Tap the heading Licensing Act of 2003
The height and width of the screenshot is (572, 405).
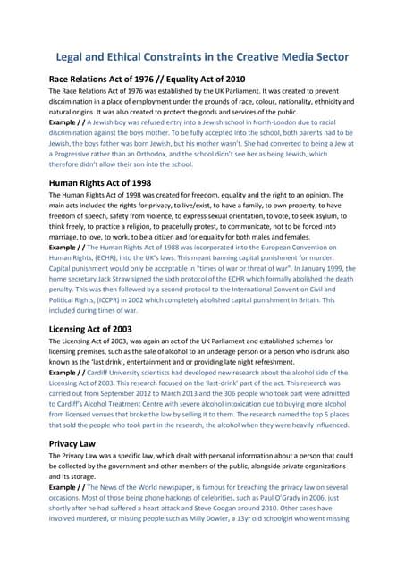pos(96,328)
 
